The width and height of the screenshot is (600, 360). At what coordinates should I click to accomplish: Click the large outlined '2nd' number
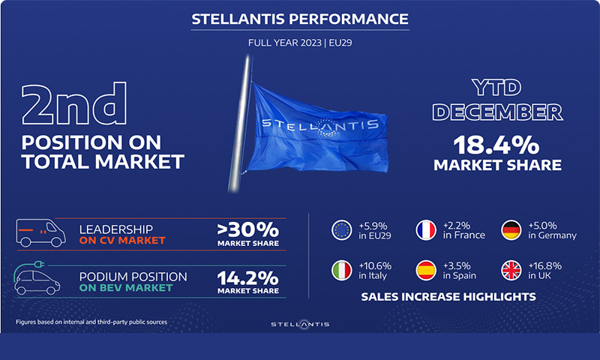(73, 104)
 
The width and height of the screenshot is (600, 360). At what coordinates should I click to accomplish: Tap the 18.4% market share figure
(496, 145)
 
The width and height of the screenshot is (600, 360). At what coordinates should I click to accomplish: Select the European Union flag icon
(341, 230)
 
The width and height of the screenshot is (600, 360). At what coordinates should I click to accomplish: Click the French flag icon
(426, 230)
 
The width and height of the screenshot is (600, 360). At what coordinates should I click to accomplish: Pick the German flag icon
(511, 230)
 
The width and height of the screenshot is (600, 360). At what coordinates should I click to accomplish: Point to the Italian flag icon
(341, 271)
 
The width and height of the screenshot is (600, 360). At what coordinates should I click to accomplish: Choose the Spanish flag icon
(426, 271)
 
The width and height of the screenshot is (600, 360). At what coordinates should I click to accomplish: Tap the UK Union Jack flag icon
(511, 271)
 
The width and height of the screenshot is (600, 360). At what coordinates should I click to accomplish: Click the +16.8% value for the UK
(545, 266)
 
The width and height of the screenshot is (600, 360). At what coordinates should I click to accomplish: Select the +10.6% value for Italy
(375, 266)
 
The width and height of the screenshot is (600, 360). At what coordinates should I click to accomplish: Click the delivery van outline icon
(40, 232)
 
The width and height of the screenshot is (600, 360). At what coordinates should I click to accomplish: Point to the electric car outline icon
(37, 277)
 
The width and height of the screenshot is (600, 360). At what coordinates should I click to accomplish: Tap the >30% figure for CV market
(248, 229)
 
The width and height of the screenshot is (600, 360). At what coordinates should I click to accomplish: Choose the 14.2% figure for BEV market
(248, 278)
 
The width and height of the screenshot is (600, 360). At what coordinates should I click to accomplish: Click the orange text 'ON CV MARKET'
(122, 240)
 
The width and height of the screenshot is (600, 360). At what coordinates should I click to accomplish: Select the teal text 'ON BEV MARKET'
(126, 288)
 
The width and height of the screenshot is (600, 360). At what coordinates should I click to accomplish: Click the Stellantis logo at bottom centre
(300, 325)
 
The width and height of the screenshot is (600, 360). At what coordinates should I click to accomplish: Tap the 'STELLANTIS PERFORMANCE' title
(300, 19)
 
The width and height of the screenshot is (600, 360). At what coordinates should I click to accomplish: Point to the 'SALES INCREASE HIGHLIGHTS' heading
(448, 297)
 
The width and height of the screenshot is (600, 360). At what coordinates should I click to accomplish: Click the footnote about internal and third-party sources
(91, 322)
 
